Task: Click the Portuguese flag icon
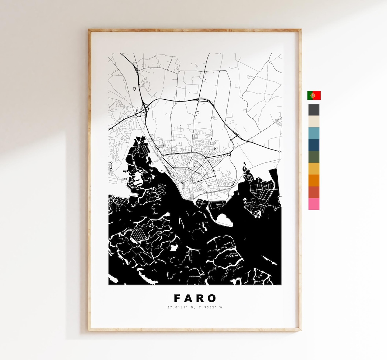click(314, 95)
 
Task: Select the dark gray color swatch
click(314, 110)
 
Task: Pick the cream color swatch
click(314, 121)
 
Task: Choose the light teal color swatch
click(314, 133)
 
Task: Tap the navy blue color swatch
click(314, 145)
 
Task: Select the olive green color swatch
click(314, 157)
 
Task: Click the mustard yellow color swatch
click(314, 169)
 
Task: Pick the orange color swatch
click(314, 180)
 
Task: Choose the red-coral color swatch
click(314, 192)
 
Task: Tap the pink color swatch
click(314, 204)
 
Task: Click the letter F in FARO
click(177, 298)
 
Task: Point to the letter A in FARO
click(189, 298)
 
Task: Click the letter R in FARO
click(201, 298)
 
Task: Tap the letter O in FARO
click(212, 298)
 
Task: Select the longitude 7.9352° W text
click(209, 307)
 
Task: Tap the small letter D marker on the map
click(135, 88)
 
